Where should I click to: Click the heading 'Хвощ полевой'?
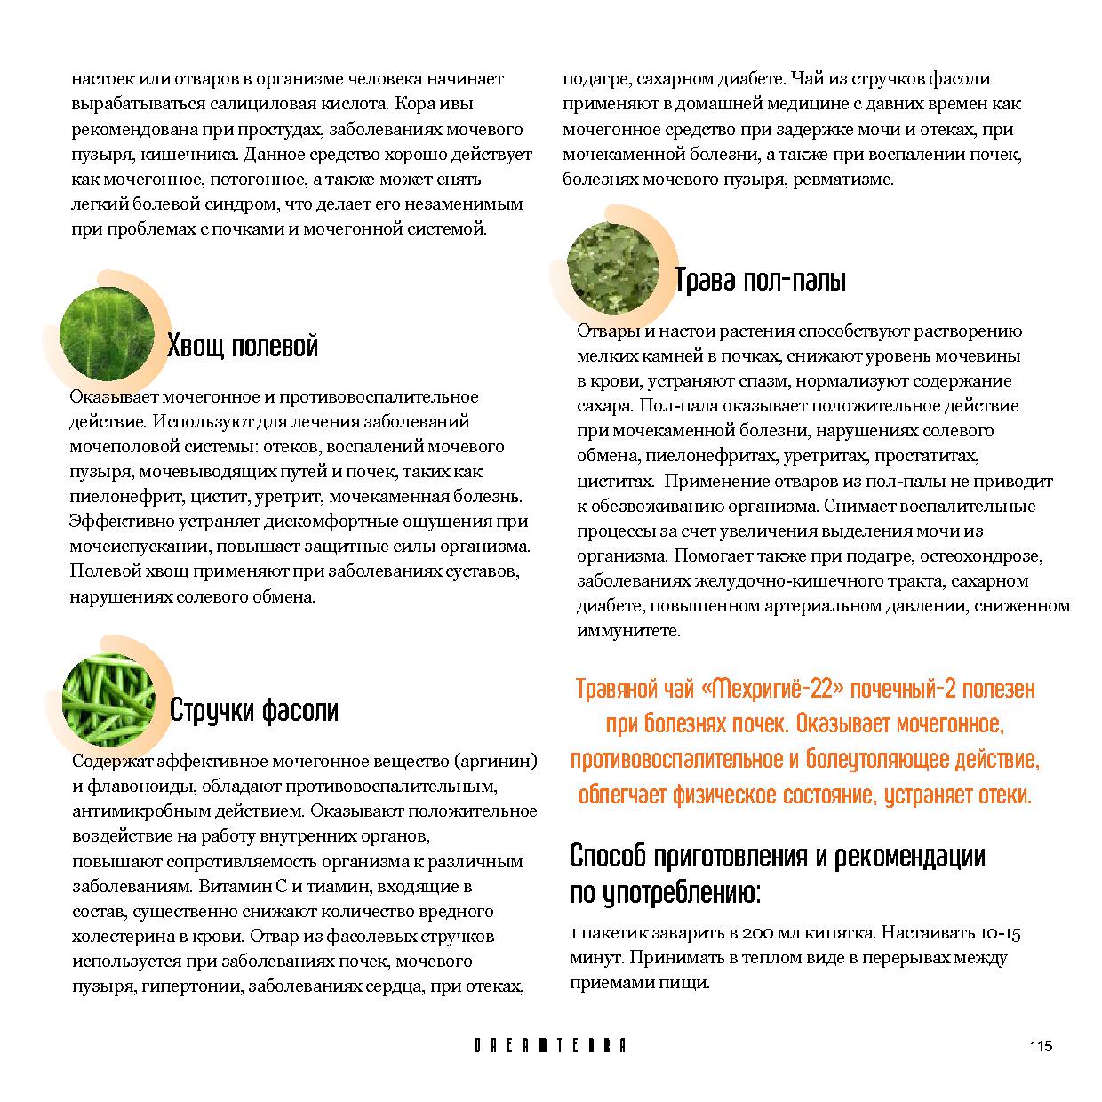[x=242, y=346]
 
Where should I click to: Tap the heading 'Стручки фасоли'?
[x=253, y=710]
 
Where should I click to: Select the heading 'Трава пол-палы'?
[x=760, y=280]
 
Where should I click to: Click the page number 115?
[x=1041, y=1046]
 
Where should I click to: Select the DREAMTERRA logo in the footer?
[x=550, y=1046]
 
